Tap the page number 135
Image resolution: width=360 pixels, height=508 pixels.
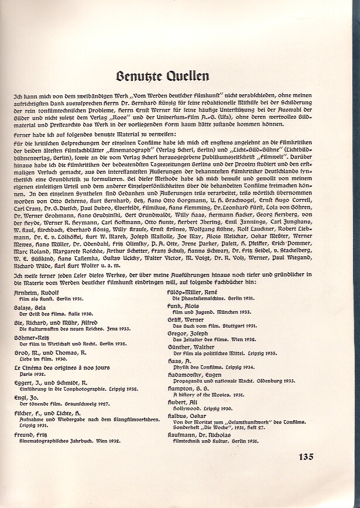point(306,457)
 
